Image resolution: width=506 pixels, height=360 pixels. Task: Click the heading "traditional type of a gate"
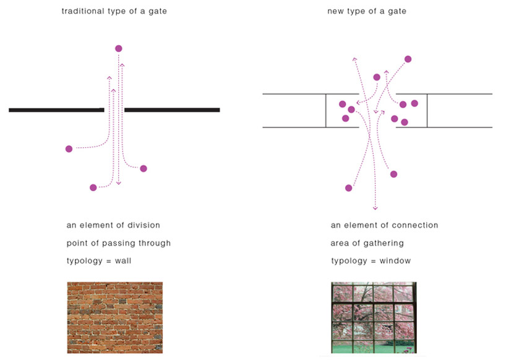[x=114, y=11]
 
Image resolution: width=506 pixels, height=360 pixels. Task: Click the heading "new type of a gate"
[x=367, y=11]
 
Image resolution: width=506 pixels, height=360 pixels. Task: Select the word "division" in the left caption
[x=144, y=225]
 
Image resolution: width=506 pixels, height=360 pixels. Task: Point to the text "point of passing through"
[x=118, y=243]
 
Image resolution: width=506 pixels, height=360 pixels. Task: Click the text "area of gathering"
[x=367, y=243]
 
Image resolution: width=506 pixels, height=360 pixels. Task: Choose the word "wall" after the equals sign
[x=123, y=260]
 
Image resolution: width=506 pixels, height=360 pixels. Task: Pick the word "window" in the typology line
[x=395, y=260]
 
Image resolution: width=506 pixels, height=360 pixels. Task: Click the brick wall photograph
[x=115, y=318]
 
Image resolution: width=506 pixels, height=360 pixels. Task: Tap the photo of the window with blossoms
[x=374, y=318]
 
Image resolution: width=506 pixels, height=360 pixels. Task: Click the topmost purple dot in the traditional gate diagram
[x=118, y=48]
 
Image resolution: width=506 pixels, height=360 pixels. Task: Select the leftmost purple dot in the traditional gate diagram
[x=69, y=148]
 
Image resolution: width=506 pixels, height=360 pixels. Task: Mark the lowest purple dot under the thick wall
[x=93, y=187]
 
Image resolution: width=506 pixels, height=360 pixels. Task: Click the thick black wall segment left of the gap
[x=56, y=110]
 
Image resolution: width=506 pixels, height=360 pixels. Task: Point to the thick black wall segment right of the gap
[x=172, y=110]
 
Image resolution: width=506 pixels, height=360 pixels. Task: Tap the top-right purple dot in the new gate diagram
[x=408, y=59]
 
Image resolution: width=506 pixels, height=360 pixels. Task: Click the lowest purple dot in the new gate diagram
[x=348, y=188]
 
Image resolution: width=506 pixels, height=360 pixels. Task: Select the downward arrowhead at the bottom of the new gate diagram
[x=375, y=208]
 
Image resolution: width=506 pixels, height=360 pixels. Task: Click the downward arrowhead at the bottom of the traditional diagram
[x=119, y=183]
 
